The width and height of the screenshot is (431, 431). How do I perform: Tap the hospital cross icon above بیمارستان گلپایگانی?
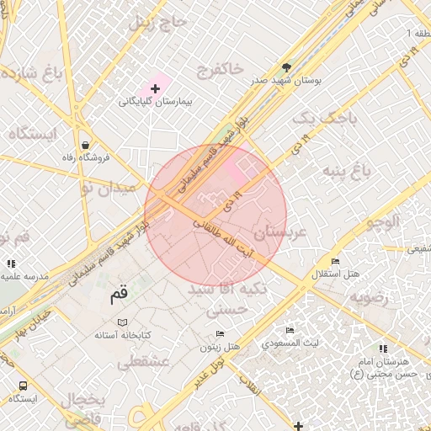coord(155,88)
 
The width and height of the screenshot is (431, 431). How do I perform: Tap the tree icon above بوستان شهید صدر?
coord(287,67)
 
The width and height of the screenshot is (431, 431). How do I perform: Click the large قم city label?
coord(120,295)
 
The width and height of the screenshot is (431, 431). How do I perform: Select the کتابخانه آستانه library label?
coord(124,335)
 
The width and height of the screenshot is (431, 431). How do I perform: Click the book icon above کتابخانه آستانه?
coord(123,322)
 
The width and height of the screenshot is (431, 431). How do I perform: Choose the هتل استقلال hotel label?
coord(337,274)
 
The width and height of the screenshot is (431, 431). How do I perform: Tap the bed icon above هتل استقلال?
coord(336,262)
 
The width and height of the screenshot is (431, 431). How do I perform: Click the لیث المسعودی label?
coord(290,343)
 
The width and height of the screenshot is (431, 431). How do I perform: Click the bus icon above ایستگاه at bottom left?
coord(23,386)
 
